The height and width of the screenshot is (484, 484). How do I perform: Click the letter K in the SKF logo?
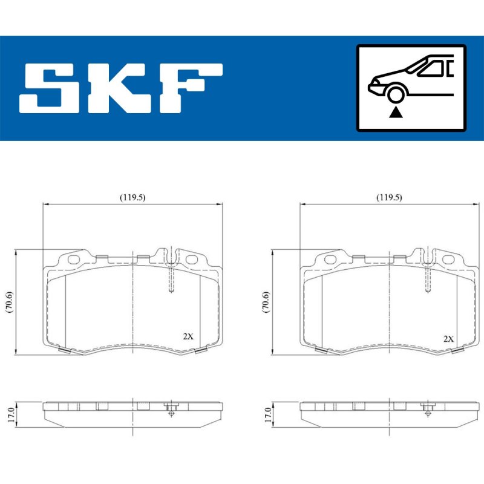click(116, 88)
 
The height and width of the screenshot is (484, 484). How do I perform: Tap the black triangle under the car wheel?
click(396, 113)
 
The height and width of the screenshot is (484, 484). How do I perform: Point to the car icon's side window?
click(431, 68)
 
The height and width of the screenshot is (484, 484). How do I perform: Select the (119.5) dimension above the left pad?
click(132, 197)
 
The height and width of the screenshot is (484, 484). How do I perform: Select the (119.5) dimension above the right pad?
click(389, 197)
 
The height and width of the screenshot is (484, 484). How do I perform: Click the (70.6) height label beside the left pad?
click(10, 302)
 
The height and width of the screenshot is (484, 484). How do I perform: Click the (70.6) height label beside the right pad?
click(266, 302)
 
